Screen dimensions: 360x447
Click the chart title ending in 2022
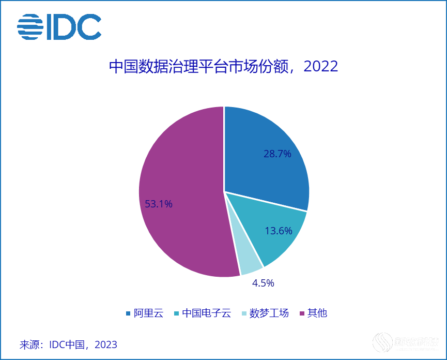(223, 66)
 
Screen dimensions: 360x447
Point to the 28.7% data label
(278, 154)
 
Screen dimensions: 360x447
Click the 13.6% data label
(279, 231)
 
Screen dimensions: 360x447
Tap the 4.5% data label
(263, 283)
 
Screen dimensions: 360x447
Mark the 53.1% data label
(159, 204)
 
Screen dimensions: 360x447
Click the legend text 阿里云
(148, 313)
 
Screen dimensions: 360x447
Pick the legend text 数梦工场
(269, 313)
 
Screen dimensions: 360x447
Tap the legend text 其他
(317, 313)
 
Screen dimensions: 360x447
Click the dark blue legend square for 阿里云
(128, 313)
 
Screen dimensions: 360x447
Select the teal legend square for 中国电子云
(177, 313)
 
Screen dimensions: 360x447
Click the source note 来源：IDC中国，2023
(68, 344)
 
